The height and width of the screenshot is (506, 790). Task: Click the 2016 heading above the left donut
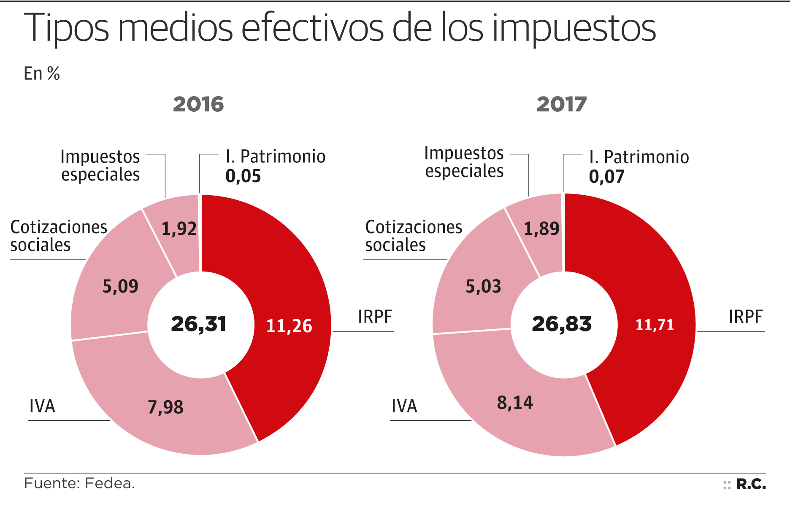[x=198, y=104]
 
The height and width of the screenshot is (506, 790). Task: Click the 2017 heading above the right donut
[x=562, y=104]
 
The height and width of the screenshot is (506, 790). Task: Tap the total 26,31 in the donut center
[x=199, y=324]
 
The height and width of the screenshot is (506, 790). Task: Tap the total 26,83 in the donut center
[x=562, y=324]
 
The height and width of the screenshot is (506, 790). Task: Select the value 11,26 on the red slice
[x=289, y=326]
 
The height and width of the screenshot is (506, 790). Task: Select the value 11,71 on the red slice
[x=655, y=325]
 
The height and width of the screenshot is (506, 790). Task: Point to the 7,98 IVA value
[x=165, y=407]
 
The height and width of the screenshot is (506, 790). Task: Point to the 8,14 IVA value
[x=515, y=403]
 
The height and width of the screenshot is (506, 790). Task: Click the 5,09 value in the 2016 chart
[x=120, y=287]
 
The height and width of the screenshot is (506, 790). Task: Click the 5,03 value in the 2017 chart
[x=483, y=287]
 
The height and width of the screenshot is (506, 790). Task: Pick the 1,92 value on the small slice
[x=179, y=229]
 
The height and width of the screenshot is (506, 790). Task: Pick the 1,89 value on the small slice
[x=541, y=229]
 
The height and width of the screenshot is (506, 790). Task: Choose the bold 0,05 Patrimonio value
[x=243, y=176]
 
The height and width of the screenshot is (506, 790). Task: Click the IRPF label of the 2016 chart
[x=375, y=317]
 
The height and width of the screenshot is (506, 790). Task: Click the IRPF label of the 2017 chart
[x=745, y=317]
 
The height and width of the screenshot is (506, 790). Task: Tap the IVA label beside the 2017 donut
[x=404, y=406]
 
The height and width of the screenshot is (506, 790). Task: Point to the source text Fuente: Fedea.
[x=79, y=483]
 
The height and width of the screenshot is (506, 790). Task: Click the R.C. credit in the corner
[x=751, y=484]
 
